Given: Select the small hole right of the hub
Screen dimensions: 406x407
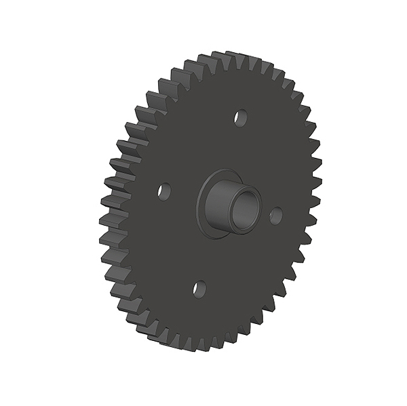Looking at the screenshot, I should [275, 216].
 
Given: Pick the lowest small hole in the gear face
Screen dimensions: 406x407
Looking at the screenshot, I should [199, 289].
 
